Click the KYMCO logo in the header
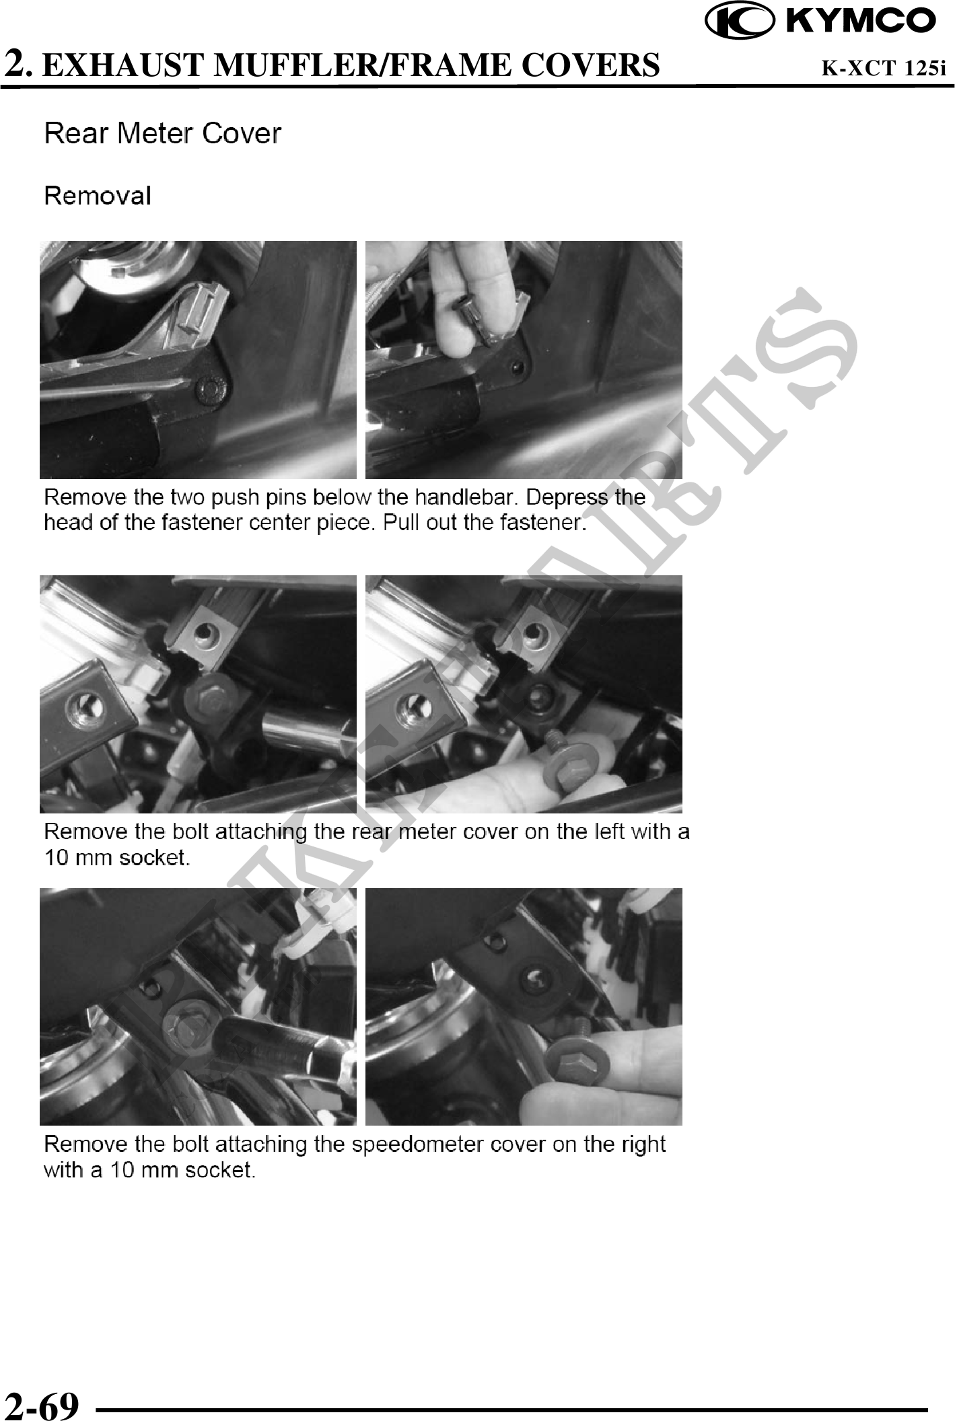[820, 21]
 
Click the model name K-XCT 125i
[884, 67]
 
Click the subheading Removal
[98, 196]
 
